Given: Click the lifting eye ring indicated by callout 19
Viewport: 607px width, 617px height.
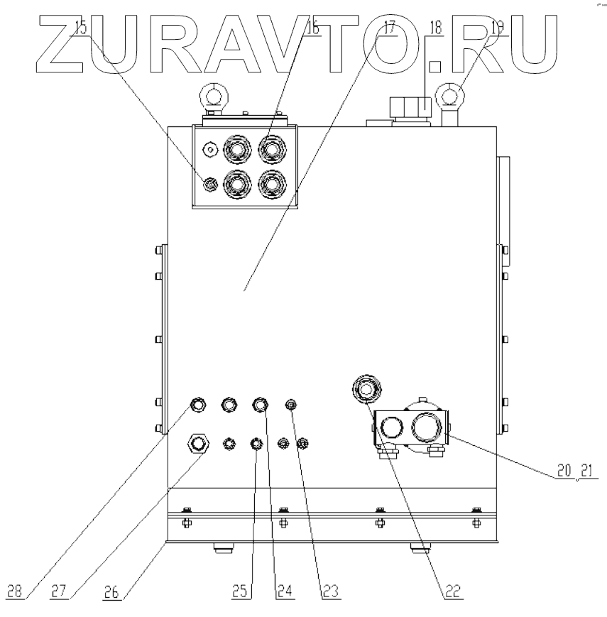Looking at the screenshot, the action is pos(452,93).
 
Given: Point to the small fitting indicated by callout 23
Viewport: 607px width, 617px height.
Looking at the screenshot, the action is pos(290,405).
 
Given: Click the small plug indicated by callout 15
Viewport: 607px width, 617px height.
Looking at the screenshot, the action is pos(209,185).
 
